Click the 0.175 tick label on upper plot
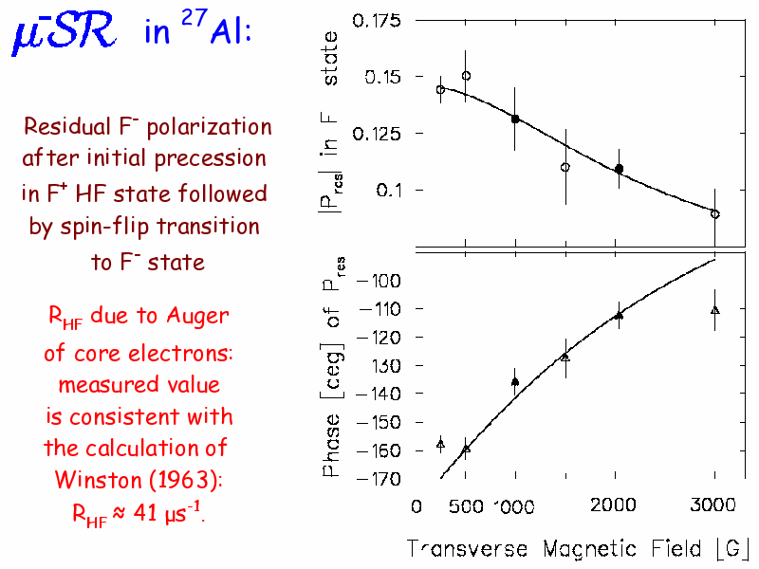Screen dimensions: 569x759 (378, 21)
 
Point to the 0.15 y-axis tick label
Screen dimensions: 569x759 (383, 77)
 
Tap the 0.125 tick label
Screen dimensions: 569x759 (378, 134)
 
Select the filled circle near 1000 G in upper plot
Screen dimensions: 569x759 (515, 119)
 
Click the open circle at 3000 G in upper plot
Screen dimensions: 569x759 (714, 214)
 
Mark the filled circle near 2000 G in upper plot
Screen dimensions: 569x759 (619, 169)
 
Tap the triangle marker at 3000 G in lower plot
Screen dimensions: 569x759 (714, 310)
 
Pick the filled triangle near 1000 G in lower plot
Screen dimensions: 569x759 (515, 382)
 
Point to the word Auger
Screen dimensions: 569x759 (196, 317)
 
